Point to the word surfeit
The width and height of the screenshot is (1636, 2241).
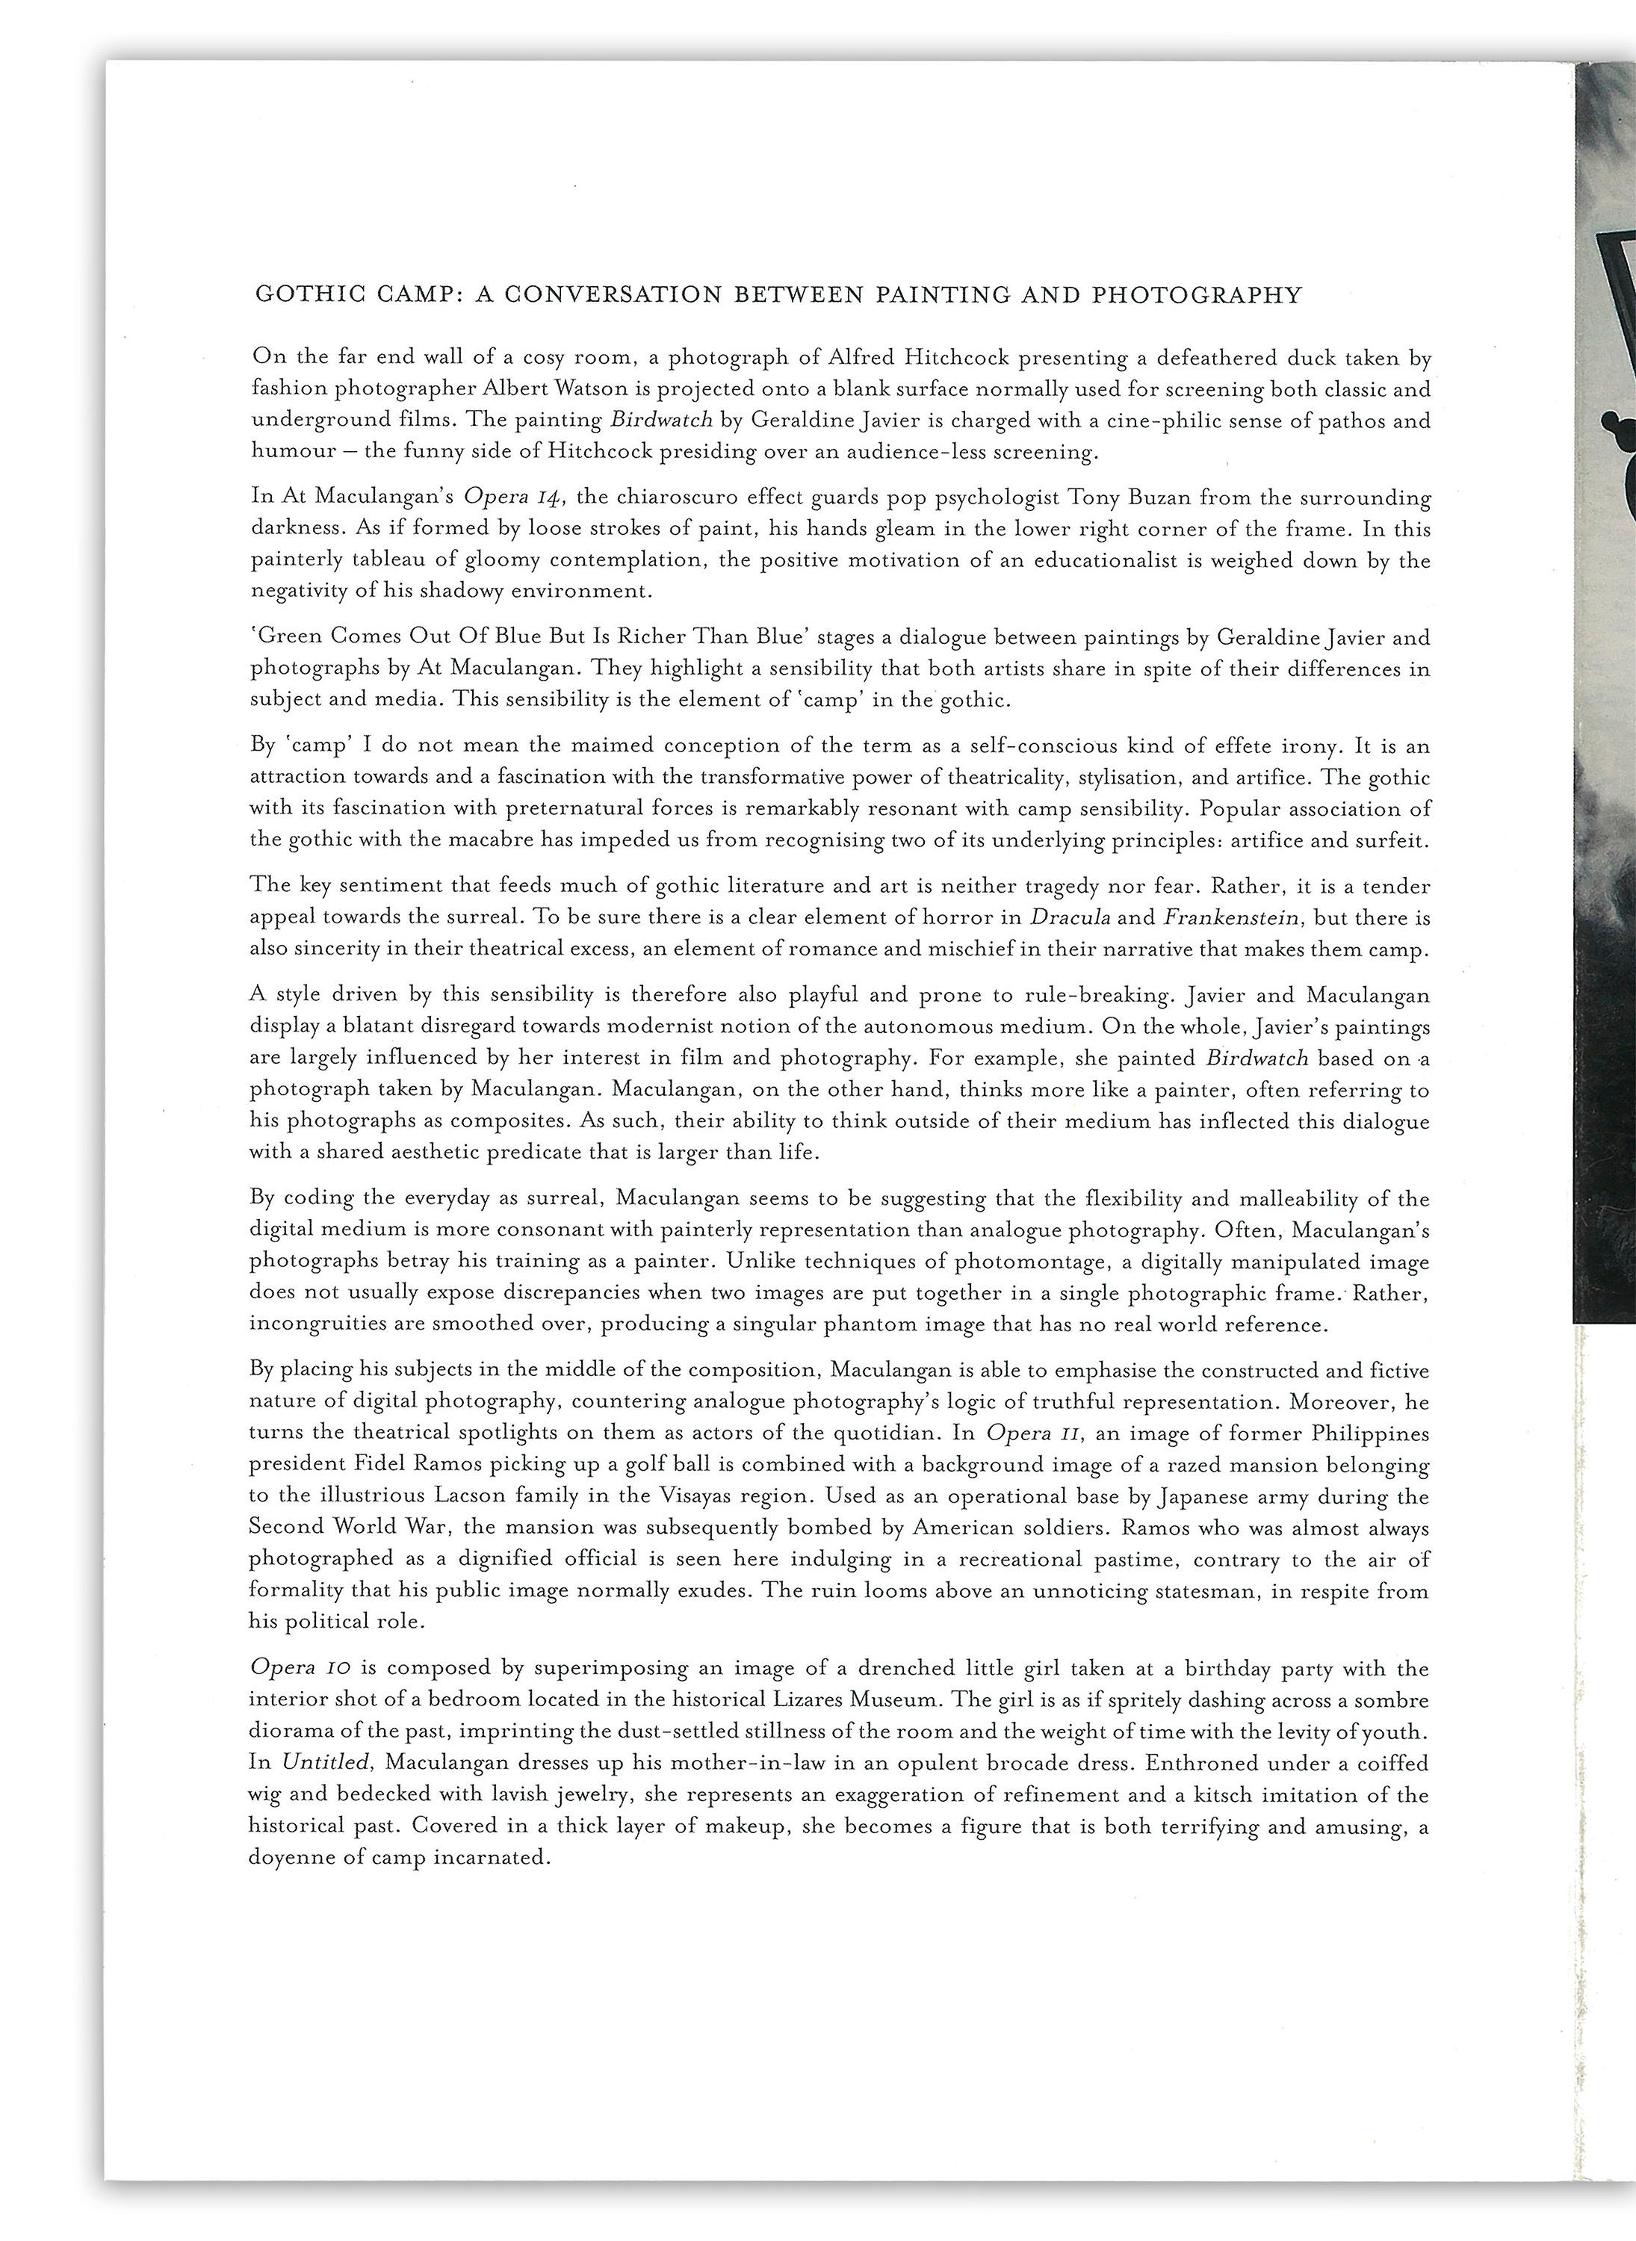pos(1396,840)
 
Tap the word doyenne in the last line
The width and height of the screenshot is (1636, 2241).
pos(287,1858)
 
